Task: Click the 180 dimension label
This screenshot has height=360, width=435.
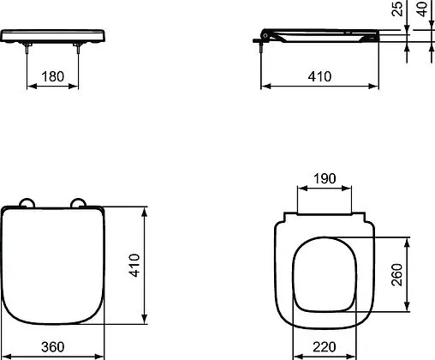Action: tap(53, 76)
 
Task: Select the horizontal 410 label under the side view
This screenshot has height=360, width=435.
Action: tap(319, 76)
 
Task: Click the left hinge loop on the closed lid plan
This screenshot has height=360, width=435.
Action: tap(27, 203)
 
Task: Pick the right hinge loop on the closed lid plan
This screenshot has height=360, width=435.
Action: tap(80, 203)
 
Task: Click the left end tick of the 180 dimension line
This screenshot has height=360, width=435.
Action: tap(29, 86)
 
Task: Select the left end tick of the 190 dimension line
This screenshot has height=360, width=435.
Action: tap(295, 189)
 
